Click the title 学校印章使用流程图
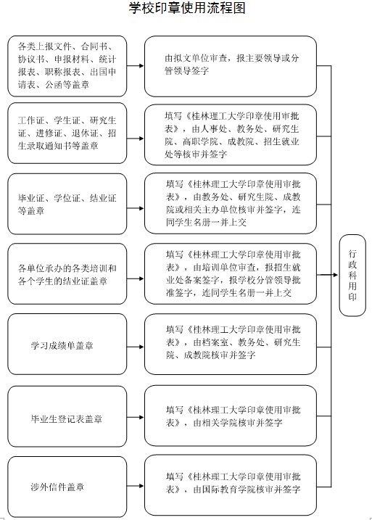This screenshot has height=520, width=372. point(187,8)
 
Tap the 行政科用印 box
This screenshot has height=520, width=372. point(352,275)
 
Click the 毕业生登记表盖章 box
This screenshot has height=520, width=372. point(67,416)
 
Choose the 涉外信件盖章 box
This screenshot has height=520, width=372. point(67,486)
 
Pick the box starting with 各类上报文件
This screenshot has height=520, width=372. point(67,66)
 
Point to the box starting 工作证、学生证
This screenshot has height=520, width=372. point(67,133)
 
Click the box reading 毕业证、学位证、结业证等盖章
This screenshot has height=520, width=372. point(67,204)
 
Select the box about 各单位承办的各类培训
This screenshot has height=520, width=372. point(67,274)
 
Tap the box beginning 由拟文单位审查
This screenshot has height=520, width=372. point(231,66)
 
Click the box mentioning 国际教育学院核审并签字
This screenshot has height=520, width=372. point(231,485)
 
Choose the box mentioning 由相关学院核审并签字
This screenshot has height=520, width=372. point(231,416)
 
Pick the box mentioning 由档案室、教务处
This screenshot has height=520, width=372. point(231,344)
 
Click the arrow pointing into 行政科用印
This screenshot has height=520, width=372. point(327,275)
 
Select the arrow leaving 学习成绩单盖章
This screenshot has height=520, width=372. point(136,347)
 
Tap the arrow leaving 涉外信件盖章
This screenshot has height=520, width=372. point(136,486)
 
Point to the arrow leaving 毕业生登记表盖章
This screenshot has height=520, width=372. point(136,417)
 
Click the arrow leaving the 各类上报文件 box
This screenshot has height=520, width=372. point(136,66)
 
